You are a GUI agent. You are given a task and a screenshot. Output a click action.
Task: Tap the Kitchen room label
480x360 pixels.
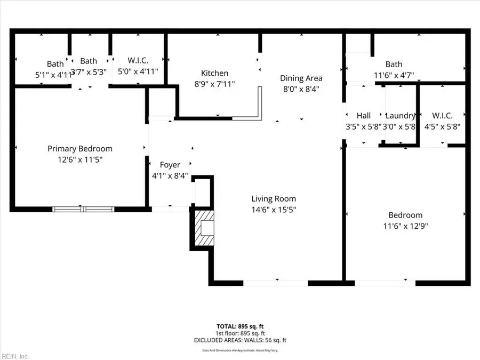(214, 73)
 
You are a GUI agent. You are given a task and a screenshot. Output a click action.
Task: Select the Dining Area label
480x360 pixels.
(301, 78)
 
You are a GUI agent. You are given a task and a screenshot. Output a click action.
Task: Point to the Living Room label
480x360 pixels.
(274, 199)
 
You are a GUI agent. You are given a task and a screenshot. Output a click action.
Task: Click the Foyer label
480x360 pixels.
(170, 165)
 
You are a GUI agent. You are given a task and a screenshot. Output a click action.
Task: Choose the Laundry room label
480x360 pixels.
(400, 116)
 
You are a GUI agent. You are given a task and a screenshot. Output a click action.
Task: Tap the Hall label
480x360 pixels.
(364, 116)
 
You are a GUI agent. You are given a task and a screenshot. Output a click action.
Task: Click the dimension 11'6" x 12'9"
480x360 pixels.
(405, 226)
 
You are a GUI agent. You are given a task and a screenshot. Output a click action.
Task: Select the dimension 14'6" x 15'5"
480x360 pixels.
(274, 210)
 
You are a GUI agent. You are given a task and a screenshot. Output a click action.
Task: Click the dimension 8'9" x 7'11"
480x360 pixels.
(214, 84)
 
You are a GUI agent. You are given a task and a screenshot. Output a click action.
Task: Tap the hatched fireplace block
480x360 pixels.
(203, 229)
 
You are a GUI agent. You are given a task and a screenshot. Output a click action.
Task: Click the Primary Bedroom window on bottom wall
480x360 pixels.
(83, 209)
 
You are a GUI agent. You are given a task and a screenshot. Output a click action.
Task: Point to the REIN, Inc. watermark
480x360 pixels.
(15, 356)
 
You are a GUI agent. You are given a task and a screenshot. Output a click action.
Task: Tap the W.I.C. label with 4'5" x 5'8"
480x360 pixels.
(442, 116)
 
